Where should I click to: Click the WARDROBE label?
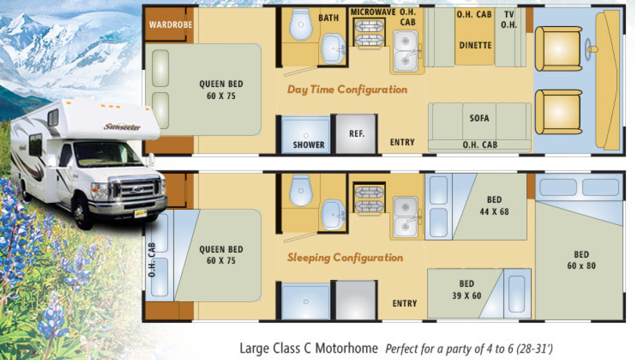point(170,25)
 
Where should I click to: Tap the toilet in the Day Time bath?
point(301,24)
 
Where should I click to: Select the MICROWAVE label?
point(373,12)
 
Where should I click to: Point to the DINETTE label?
point(475,46)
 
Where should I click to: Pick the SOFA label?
point(479,118)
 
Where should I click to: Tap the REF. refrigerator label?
point(357,133)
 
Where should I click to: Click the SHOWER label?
point(309,145)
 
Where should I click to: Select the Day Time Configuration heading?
point(347,89)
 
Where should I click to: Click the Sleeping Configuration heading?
point(345,258)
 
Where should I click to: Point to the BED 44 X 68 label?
point(494,205)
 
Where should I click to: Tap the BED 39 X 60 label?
point(467,290)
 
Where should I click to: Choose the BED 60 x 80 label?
point(582,260)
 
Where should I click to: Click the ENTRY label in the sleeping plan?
point(404,303)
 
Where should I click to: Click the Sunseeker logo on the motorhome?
point(122,127)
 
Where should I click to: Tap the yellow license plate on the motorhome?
point(140,213)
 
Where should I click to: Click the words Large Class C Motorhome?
point(309,348)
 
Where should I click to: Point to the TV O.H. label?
point(509,20)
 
